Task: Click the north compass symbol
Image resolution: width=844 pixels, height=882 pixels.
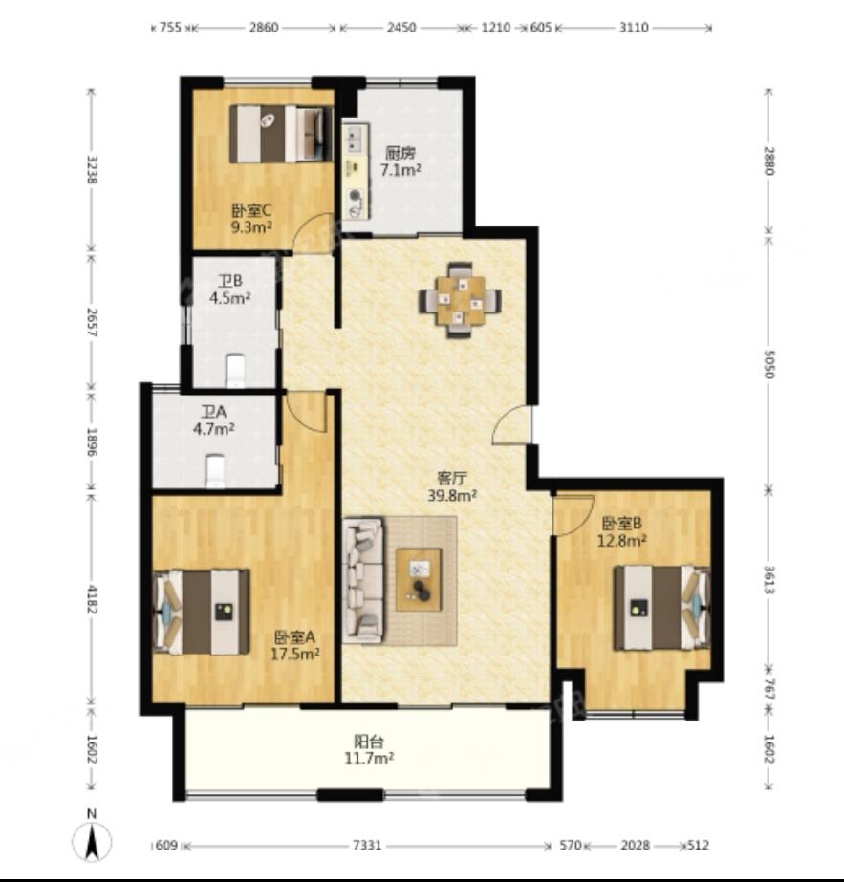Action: click(92, 842)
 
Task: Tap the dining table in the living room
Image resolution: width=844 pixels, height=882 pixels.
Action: click(460, 301)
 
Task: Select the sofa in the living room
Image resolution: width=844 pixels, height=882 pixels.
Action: click(363, 580)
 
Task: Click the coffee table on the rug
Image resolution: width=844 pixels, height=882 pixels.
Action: click(418, 579)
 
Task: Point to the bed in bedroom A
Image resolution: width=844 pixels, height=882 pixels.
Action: click(201, 612)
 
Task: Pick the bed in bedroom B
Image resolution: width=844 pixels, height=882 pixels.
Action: click(661, 608)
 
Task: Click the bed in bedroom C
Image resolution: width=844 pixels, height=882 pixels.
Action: click(279, 134)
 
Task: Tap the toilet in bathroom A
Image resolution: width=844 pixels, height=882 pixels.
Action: click(214, 471)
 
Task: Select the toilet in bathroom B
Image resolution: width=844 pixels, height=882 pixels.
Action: click(235, 370)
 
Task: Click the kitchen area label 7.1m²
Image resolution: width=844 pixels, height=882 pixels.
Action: click(401, 170)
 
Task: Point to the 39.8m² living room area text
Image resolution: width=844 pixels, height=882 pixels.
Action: click(452, 496)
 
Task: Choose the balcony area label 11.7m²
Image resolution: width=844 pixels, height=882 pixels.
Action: click(369, 758)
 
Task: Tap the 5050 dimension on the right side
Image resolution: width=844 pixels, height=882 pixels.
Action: click(769, 364)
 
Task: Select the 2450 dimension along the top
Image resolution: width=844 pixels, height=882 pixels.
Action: click(401, 27)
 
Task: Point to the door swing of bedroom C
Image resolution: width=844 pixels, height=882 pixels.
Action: click(315, 232)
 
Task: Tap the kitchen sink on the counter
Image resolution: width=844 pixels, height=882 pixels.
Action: click(355, 139)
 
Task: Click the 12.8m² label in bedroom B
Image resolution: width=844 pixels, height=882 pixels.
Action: click(621, 541)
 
